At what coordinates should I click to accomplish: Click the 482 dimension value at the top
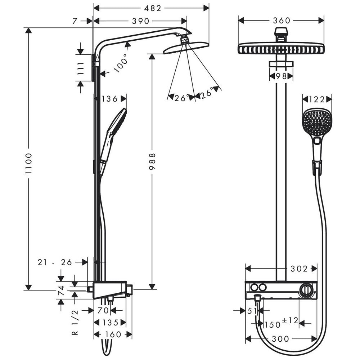pyautogui.click(x=153, y=9)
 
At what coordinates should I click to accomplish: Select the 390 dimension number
pyautogui.click(x=140, y=21)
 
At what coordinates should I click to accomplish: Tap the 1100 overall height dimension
pyautogui.click(x=29, y=163)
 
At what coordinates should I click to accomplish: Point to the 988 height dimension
pyautogui.click(x=152, y=161)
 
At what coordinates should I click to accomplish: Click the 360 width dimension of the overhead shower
pyautogui.click(x=282, y=21)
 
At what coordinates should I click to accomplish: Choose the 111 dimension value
pyautogui.click(x=80, y=68)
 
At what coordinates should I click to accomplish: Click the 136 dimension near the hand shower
pyautogui.click(x=109, y=99)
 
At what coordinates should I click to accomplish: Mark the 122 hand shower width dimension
pyautogui.click(x=317, y=100)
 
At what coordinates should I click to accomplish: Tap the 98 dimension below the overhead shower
pyautogui.click(x=281, y=76)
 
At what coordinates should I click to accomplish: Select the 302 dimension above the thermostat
pyautogui.click(x=299, y=269)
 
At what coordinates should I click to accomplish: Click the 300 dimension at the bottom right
pyautogui.click(x=280, y=339)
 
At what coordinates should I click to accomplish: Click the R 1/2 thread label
pyautogui.click(x=75, y=322)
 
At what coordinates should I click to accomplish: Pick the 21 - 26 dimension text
pyautogui.click(x=55, y=262)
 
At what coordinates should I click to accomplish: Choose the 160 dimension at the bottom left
pyautogui.click(x=113, y=334)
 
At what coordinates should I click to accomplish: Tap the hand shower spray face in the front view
pyautogui.click(x=314, y=123)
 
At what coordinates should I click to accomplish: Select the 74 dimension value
pyautogui.click(x=61, y=290)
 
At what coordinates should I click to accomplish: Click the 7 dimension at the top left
pyautogui.click(x=75, y=21)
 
